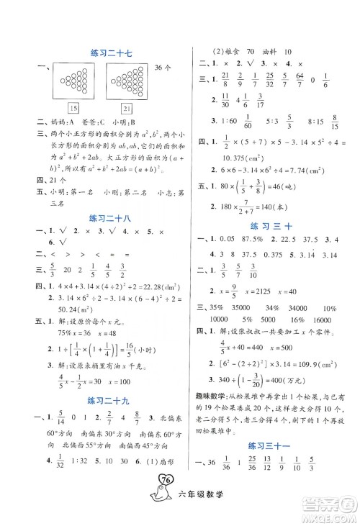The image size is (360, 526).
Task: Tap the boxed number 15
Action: (x=72, y=108)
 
